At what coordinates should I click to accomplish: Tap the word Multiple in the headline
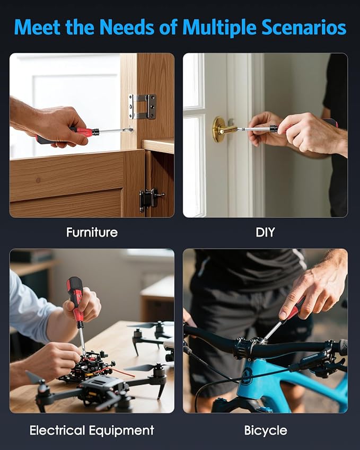(219, 28)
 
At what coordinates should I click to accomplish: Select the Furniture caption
(92, 232)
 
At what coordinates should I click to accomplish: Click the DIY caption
(265, 232)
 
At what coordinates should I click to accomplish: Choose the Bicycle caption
(266, 431)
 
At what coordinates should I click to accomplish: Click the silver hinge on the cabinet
(142, 107)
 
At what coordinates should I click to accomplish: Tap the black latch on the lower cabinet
(151, 200)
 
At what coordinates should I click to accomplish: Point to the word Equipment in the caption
(121, 431)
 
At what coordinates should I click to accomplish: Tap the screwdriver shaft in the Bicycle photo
(273, 331)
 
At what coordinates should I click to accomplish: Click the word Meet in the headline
(38, 28)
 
